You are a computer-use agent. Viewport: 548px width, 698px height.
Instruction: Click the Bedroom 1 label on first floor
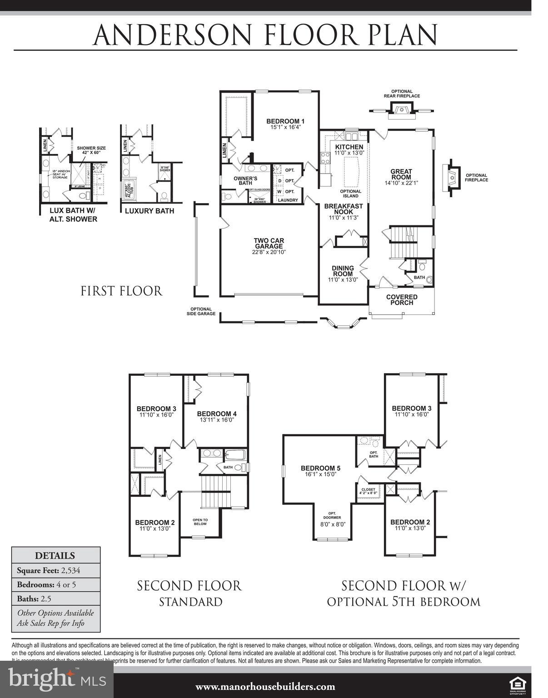[x=285, y=121]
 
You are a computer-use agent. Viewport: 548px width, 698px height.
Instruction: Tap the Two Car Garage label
[x=269, y=244]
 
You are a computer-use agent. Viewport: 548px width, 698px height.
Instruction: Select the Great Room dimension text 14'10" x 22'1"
[x=401, y=183]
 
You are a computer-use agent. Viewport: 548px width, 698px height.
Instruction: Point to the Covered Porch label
[x=402, y=300]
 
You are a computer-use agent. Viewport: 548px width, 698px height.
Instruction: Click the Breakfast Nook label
[x=344, y=209]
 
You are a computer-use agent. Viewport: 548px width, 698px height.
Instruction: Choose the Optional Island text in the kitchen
[x=350, y=194]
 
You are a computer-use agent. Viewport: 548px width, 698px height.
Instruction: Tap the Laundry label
[x=288, y=200]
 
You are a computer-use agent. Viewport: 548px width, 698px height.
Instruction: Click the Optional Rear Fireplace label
[x=402, y=94]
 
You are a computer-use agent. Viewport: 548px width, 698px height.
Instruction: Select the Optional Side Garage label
[x=201, y=311]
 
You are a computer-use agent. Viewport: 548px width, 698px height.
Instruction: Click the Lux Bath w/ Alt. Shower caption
[x=73, y=215]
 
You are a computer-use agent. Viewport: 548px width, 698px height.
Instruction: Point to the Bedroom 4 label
[x=216, y=414]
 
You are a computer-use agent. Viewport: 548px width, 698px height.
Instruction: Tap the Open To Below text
[x=200, y=522]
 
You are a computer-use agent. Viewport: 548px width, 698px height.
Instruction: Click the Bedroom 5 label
[x=320, y=469]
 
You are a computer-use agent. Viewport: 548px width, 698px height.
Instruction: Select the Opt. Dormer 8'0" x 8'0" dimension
[x=333, y=524]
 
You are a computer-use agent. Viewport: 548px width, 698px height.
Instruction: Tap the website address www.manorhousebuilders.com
[x=265, y=687]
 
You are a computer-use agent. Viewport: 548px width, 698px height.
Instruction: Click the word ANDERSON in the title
[x=172, y=35]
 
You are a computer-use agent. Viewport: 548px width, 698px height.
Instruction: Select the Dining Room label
[x=343, y=271]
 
